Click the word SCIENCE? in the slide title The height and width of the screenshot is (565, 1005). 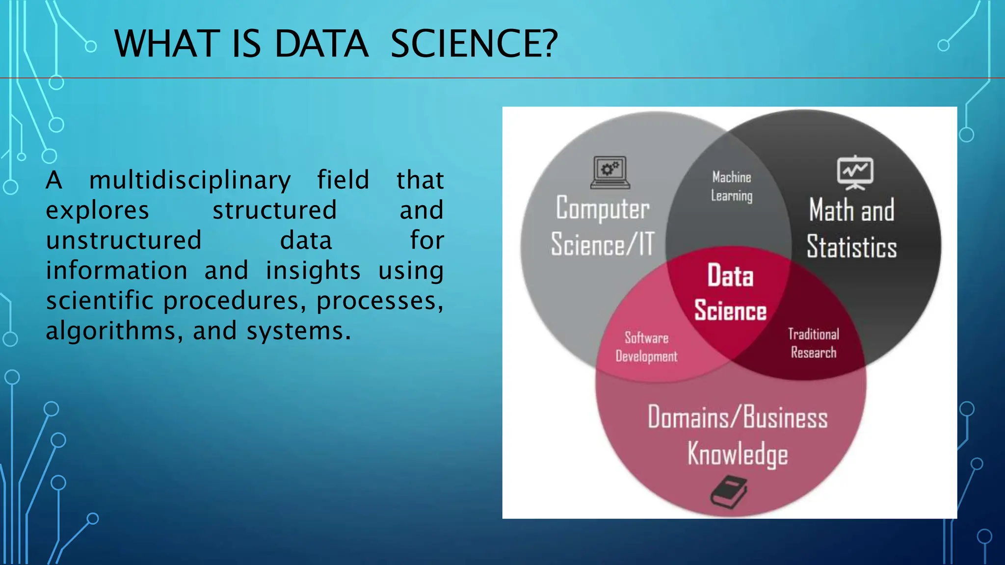(x=474, y=44)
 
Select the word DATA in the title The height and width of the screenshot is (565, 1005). (x=321, y=44)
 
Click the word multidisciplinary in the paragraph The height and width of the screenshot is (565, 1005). (x=190, y=180)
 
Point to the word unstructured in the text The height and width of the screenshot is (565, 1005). (x=124, y=240)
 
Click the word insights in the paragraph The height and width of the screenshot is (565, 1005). (x=313, y=271)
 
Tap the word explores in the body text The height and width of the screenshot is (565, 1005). (x=97, y=210)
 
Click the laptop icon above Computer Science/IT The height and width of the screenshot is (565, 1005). (x=610, y=173)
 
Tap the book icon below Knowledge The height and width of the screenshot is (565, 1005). (x=729, y=491)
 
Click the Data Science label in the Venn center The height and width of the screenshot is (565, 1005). (x=730, y=293)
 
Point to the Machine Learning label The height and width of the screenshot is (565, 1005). (x=732, y=186)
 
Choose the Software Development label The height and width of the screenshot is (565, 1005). (x=646, y=347)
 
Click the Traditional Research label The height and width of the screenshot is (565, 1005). (x=814, y=343)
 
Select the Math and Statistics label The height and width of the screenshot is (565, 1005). (x=852, y=228)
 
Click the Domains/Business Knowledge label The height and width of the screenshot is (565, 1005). (x=738, y=435)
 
